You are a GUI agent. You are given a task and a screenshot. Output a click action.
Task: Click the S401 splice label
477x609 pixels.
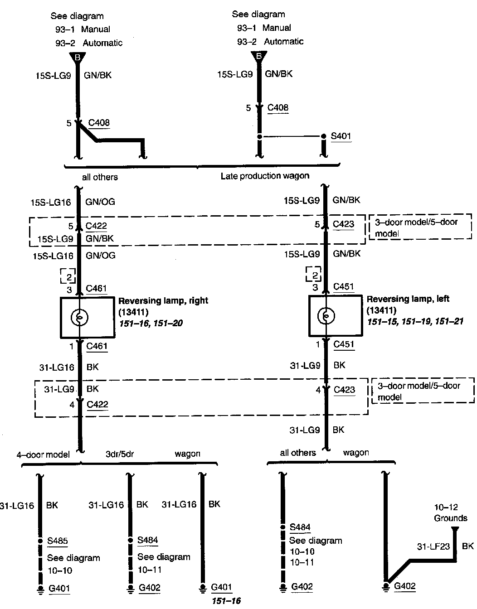click(x=341, y=136)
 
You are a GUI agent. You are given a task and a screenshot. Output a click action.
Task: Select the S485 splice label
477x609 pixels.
click(x=58, y=541)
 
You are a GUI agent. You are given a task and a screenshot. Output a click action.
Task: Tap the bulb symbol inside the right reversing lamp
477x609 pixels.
click(x=79, y=318)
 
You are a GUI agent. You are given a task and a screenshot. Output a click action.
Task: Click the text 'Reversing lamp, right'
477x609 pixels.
click(x=163, y=300)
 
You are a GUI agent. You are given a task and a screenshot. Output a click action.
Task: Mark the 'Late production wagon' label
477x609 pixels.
click(x=265, y=176)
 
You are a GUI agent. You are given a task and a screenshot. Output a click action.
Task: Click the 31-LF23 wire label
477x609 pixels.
click(x=433, y=546)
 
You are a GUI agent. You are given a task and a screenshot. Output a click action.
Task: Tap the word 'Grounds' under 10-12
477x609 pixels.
click(x=451, y=518)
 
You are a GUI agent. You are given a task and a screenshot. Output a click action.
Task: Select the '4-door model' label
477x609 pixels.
click(x=44, y=454)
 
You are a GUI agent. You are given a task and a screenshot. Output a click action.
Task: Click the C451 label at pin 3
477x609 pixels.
click(x=343, y=286)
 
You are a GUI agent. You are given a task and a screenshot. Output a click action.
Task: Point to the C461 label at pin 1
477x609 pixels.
click(x=97, y=347)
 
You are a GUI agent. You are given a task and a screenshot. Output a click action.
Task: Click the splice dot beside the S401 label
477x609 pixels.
click(x=323, y=136)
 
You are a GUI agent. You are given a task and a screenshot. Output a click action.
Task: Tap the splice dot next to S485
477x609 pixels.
click(x=40, y=541)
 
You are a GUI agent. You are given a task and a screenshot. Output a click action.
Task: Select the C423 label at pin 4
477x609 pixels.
click(x=344, y=390)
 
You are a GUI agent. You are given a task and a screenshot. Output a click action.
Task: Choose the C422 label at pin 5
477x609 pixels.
click(x=97, y=226)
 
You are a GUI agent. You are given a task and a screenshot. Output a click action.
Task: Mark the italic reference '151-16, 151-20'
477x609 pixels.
click(x=151, y=323)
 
